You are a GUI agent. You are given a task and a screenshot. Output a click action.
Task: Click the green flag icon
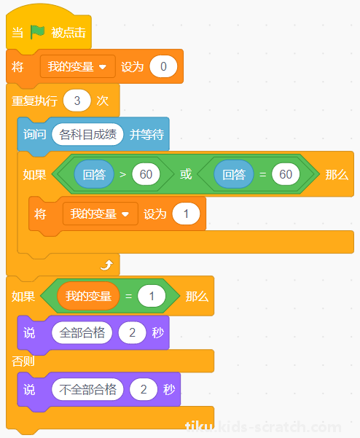click(x=37, y=32)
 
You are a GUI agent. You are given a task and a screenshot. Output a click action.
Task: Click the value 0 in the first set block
click(x=163, y=66)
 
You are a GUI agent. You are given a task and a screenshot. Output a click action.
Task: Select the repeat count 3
click(x=77, y=101)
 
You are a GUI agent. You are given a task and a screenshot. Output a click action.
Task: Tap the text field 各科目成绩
click(x=87, y=134)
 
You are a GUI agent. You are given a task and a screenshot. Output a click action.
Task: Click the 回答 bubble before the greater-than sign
click(x=94, y=174)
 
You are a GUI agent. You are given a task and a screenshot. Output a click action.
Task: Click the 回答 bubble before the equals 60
click(x=234, y=174)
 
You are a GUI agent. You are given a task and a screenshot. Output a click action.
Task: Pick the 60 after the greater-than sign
click(x=146, y=174)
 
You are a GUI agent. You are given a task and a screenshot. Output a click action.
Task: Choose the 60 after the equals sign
click(x=286, y=174)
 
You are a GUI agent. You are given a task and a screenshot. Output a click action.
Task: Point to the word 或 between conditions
click(x=186, y=174)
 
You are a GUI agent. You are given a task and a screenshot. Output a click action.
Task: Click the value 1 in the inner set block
click(x=186, y=214)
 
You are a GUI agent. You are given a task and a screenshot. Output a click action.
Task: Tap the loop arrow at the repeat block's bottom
click(x=106, y=265)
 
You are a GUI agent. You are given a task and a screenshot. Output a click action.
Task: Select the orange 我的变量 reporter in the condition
click(x=88, y=296)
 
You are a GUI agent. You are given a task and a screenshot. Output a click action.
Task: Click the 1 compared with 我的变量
click(x=152, y=296)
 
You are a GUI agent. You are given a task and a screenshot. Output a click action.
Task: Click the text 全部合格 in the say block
click(x=82, y=332)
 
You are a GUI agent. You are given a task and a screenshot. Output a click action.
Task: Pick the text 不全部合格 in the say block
click(x=87, y=389)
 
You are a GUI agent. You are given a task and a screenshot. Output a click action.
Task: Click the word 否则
click(x=23, y=361)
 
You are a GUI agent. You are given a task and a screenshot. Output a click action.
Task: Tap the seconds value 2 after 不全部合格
click(x=144, y=389)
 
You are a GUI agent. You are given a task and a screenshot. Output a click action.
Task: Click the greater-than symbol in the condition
click(x=123, y=175)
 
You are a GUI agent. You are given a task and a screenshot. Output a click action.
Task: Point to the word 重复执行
click(x=35, y=101)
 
